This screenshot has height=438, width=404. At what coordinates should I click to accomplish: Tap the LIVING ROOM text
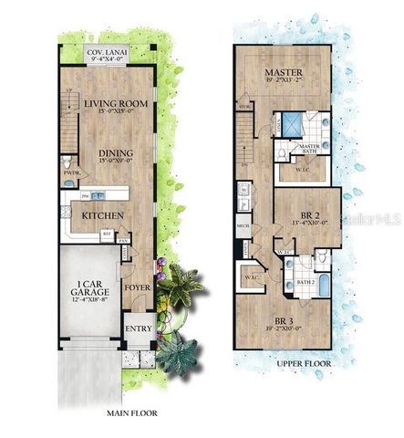click(x=117, y=104)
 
